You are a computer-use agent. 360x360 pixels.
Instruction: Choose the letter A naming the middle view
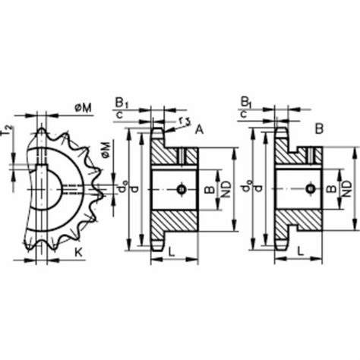199,130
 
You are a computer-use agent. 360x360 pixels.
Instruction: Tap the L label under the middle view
174,250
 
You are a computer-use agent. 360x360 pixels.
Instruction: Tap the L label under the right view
301,250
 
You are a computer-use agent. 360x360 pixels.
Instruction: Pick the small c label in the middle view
120,113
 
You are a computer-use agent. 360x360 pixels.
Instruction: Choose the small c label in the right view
243,113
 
